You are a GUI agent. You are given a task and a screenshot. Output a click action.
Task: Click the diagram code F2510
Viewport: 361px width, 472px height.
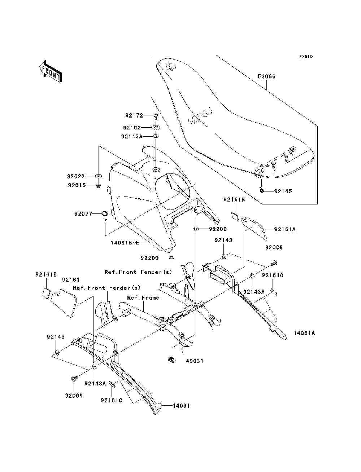[306, 57]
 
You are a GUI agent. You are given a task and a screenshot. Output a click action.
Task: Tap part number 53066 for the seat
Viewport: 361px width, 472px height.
[266, 76]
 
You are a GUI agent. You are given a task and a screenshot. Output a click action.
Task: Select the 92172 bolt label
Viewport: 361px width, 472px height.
[134, 116]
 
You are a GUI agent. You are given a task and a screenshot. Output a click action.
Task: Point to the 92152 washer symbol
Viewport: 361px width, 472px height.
[156, 128]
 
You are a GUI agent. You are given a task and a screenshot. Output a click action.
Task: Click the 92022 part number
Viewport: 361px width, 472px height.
[75, 177]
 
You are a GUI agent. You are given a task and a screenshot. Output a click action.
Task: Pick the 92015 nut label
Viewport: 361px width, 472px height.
[77, 185]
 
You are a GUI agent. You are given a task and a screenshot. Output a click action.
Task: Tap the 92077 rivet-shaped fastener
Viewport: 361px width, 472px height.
[105, 215]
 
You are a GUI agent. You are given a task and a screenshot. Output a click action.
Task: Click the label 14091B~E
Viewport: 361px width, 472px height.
[125, 243]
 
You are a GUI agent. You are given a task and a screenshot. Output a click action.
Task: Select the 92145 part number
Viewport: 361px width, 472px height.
[283, 191]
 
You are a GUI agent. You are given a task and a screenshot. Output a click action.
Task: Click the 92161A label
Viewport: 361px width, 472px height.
[285, 229]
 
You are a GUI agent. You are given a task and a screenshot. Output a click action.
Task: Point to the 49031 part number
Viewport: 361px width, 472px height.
[194, 361]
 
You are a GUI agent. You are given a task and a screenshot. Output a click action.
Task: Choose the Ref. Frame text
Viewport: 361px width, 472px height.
[143, 298]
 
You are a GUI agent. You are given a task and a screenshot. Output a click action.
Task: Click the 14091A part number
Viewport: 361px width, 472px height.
[304, 333]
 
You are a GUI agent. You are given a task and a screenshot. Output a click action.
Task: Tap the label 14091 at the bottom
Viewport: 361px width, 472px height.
[181, 406]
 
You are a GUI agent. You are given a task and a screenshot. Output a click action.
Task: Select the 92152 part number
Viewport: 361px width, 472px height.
[132, 128]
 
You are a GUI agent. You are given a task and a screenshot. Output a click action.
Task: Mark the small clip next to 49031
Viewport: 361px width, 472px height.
[171, 359]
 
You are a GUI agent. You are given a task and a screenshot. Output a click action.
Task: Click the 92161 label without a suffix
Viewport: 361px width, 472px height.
[71, 280]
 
